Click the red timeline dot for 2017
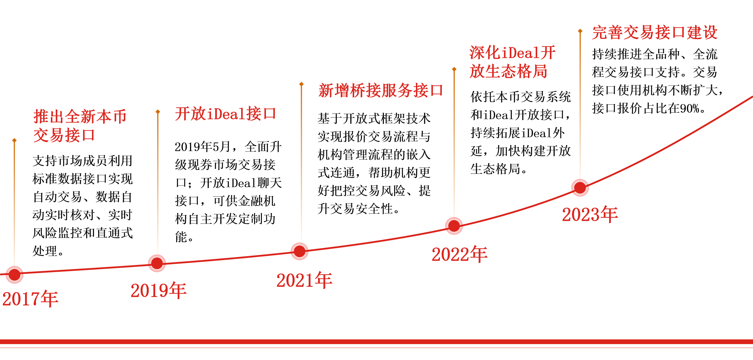pyautogui.click(x=14, y=275)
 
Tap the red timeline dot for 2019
pyautogui.click(x=157, y=263)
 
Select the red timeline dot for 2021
pyautogui.click(x=299, y=251)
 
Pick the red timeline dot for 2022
pyautogui.click(x=454, y=226)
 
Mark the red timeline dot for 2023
pyautogui.click(x=580, y=188)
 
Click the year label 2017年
pyautogui.click(x=30, y=299)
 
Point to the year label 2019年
pyautogui.click(x=159, y=291)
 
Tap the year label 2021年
pyautogui.click(x=304, y=280)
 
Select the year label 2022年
pyautogui.click(x=459, y=254)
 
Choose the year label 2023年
pyautogui.click(x=590, y=214)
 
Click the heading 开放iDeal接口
pyautogui.click(x=226, y=114)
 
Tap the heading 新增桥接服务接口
pyautogui.click(x=381, y=90)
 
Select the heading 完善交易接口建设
pyautogui.click(x=655, y=32)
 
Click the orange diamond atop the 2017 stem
pyautogui.click(x=14, y=140)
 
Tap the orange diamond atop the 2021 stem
pyautogui.click(x=301, y=84)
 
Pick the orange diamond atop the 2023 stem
pyautogui.click(x=580, y=31)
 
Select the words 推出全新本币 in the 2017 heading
pyautogui.click(x=80, y=117)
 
